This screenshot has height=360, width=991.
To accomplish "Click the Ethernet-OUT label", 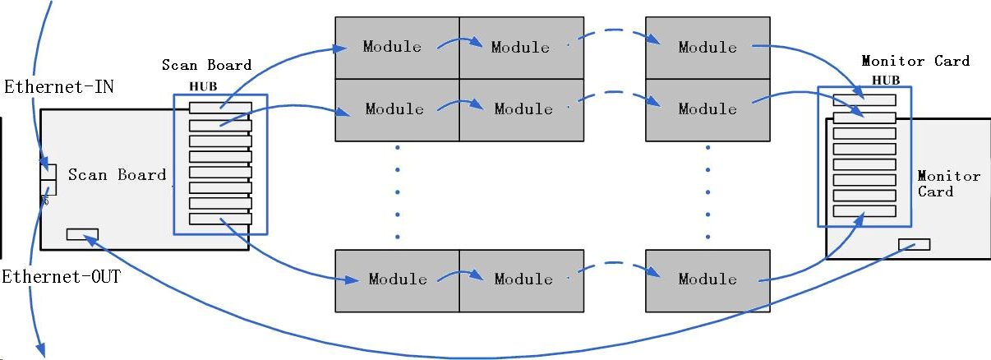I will tap(61, 277).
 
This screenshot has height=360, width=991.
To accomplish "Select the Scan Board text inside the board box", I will tap(117, 174).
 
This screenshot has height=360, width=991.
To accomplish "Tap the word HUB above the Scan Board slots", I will tap(203, 85).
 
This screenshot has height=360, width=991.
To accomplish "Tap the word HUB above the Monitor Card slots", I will tap(886, 80).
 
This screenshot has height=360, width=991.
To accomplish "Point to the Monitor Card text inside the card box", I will tap(937, 183).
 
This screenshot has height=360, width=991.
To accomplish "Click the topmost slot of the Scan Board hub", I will tap(220, 108).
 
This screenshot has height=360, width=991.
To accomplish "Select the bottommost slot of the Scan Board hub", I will tap(220, 219).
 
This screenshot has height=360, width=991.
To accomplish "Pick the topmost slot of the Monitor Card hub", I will tap(864, 100).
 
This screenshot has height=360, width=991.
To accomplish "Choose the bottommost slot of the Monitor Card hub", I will tap(864, 211).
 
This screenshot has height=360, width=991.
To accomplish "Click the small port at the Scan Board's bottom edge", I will tap(82, 234).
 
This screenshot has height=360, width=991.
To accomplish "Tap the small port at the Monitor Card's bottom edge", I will tap(914, 244).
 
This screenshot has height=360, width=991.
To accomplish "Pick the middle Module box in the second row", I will tap(521, 109).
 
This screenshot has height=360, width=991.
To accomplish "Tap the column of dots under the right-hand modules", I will tap(708, 193).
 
